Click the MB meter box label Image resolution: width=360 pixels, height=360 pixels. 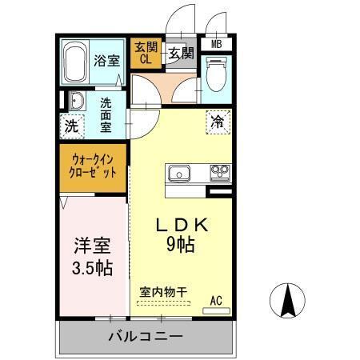[216, 45]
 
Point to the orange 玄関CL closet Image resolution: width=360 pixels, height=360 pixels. [146, 52]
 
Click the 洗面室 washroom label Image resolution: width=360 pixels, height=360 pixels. [106, 114]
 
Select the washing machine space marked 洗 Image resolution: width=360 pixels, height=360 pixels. [72, 126]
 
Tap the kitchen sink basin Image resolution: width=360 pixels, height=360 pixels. [178, 172]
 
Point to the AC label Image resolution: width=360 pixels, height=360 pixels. [215, 300]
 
